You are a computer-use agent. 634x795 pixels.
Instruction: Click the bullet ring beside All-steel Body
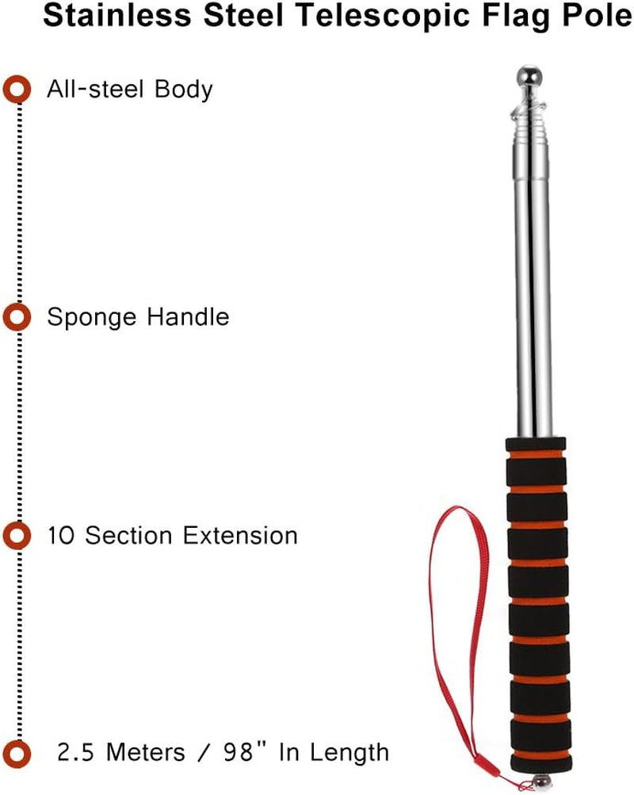point(16,89)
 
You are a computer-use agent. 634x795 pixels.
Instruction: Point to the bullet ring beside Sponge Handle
point(16,318)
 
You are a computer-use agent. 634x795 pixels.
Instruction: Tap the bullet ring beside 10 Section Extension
point(16,536)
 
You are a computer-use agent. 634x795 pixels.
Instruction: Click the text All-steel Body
point(130,89)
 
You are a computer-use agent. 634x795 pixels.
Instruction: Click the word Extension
point(241,536)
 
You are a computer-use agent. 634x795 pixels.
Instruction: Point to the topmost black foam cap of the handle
point(536,444)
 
